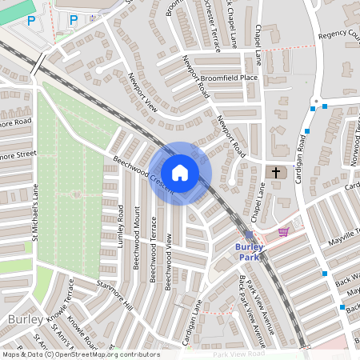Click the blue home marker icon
click(x=180, y=172)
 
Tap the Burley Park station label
click(x=250, y=252)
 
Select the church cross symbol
click(x=276, y=172)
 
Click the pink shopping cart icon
click(x=283, y=232)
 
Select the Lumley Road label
click(x=121, y=225)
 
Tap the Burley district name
click(x=19, y=319)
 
